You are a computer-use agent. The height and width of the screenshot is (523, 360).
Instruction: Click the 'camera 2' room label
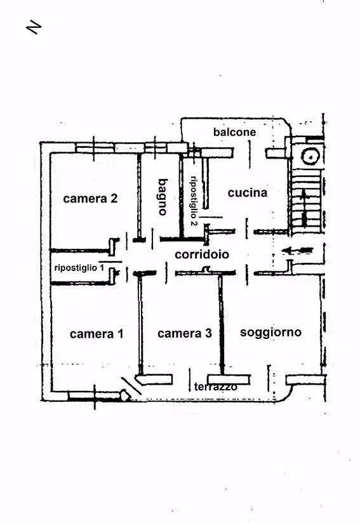[x=90, y=199]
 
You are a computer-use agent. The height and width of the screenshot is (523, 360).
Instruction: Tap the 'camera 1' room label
[x=97, y=334]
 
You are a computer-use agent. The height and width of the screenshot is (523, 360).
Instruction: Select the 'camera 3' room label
[x=185, y=333]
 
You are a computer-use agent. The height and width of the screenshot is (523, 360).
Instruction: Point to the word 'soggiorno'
[x=270, y=332]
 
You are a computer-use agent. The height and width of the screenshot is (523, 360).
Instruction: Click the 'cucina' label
[x=248, y=192]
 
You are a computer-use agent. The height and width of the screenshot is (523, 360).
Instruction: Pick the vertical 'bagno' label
[x=163, y=197]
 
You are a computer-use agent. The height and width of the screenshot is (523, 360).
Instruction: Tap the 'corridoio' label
[x=202, y=255]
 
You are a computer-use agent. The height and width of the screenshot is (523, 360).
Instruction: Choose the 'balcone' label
[x=234, y=132]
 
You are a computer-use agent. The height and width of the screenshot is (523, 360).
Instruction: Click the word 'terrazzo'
[x=215, y=387]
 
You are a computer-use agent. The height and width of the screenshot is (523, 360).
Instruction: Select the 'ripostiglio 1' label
[x=79, y=267]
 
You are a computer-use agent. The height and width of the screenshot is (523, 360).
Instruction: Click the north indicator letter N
[x=34, y=28]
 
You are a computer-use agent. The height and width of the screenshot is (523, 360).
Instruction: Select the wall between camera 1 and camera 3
[x=140, y=324]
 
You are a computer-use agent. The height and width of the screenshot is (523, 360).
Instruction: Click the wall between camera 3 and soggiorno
[x=221, y=324]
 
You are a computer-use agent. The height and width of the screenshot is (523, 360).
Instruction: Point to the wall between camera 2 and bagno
[x=139, y=194]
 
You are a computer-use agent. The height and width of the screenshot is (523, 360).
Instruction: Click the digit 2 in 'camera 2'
[x=114, y=199]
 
